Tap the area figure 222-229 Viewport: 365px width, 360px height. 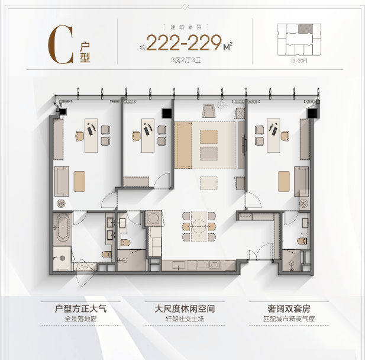pyautogui.click(x=183, y=43)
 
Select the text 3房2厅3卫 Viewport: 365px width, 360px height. pyautogui.click(x=186, y=60)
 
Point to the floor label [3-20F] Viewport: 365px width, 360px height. pyautogui.click(x=299, y=61)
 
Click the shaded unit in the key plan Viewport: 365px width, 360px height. pyautogui.click(x=305, y=28)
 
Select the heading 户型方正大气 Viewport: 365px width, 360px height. pyautogui.click(x=80, y=308)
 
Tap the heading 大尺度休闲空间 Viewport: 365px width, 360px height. pyautogui.click(x=185, y=308)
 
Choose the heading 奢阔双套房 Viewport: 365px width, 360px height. pyautogui.click(x=289, y=308)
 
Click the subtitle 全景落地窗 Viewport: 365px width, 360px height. pyautogui.click(x=80, y=319)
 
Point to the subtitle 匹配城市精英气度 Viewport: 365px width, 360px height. pyautogui.click(x=289, y=319)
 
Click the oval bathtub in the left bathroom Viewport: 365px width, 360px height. pyautogui.click(x=63, y=229)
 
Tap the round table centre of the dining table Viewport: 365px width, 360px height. pyautogui.click(x=199, y=226)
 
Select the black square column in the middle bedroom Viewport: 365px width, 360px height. pyautogui.click(x=167, y=114)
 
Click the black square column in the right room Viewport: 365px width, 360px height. pyautogui.click(x=312, y=114)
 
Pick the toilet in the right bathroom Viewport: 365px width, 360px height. pyautogui.click(x=302, y=241)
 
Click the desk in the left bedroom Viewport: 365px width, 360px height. pyautogui.click(x=91, y=136)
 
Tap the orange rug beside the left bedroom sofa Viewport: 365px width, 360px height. pyautogui.click(x=79, y=181)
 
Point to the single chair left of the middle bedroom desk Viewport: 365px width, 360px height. pyautogui.click(x=136, y=136)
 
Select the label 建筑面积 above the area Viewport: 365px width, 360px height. pyautogui.click(x=186, y=27)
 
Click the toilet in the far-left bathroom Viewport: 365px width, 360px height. pyautogui.click(x=107, y=254)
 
